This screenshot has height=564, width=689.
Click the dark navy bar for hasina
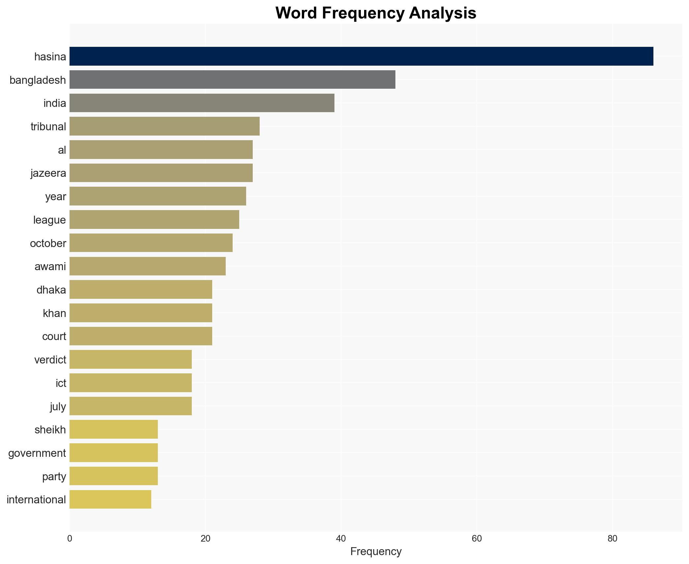361,56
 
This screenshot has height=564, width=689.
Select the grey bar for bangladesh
232,79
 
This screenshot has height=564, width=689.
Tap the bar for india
202,103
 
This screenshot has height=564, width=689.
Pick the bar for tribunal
164,126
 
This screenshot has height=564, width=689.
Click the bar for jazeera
161,173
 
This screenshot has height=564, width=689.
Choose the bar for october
151,243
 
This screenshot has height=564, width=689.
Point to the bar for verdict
130,360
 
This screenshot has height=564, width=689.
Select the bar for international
110,499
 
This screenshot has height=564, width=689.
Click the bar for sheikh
114,429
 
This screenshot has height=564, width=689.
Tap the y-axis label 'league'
49,220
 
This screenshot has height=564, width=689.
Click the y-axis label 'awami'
50,266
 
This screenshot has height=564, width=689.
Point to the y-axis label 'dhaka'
51,290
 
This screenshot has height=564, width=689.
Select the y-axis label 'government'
37,453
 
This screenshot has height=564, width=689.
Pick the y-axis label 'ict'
61,383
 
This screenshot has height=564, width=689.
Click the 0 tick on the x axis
70,539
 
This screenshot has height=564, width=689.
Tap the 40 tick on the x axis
341,539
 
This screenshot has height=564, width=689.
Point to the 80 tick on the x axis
612,539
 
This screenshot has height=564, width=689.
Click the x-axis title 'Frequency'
376,551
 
